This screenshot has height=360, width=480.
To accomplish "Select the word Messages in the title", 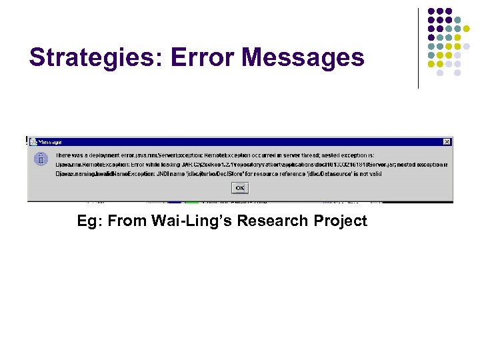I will [303, 58].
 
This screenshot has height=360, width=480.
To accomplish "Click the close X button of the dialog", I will [446, 142].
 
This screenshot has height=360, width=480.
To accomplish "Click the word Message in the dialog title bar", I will [50, 142].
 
